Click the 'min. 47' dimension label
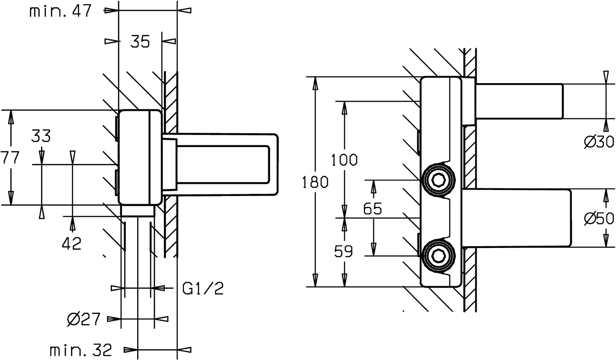pos(61,11)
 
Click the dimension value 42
pos(72,244)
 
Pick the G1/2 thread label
pos(203,288)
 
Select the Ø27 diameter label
pos(84,320)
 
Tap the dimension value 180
pos(315,182)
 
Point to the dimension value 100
pos(344,160)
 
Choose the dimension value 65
pos(372,209)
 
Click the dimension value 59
pos(344,251)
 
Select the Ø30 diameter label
pos(599,141)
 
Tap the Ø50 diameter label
pos(599,219)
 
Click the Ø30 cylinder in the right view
pos(519,101)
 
